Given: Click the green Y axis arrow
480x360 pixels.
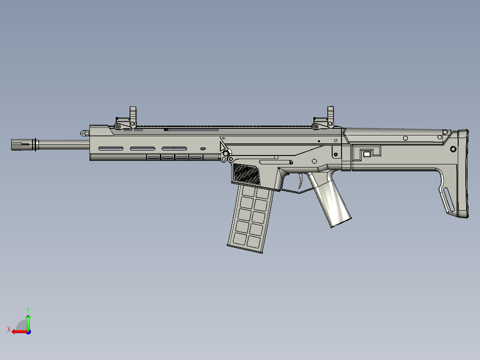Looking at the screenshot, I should pos(28,321).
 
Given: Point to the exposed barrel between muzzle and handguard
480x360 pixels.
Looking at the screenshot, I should pos(62,144).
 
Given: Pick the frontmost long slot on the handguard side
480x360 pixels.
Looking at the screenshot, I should pos(111,148).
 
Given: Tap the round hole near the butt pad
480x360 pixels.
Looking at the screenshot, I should pos(453,149).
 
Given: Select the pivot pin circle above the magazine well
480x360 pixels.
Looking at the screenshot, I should pos(226,154).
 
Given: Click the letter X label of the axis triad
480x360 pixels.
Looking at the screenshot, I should pos(8,329).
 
